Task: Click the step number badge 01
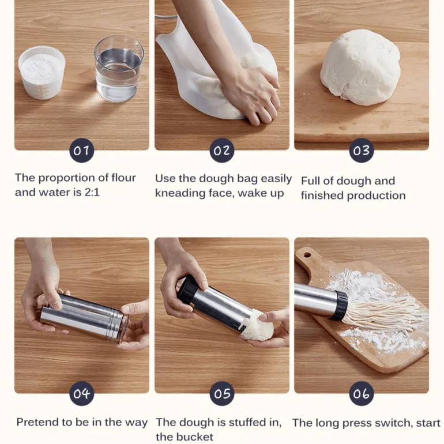(81, 150)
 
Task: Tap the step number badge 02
(222, 150)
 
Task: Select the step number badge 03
(362, 150)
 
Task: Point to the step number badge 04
(81, 393)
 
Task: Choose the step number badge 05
(222, 393)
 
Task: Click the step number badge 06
(362, 393)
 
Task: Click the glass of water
(119, 69)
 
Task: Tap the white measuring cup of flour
(42, 73)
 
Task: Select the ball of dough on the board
(360, 67)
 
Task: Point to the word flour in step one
(123, 178)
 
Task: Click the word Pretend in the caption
(35, 422)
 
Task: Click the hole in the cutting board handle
(307, 254)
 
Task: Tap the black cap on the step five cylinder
(187, 289)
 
